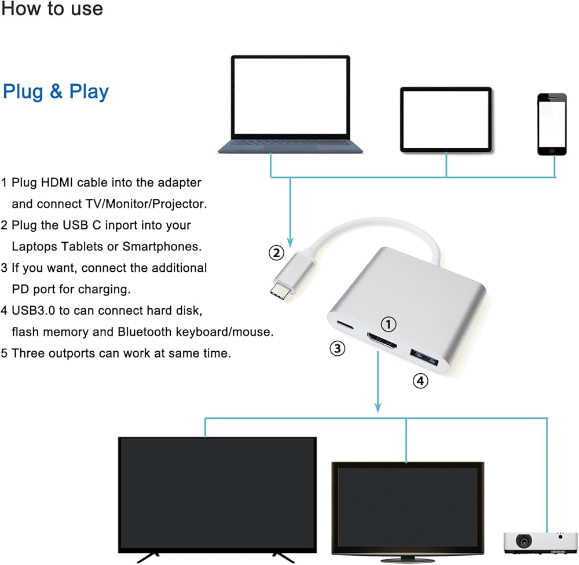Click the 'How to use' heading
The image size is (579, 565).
tap(52, 9)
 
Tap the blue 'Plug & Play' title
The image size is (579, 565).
tap(56, 92)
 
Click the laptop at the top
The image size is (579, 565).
tap(290, 104)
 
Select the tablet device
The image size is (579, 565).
tap(446, 119)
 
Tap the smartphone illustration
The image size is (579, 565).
tap(551, 124)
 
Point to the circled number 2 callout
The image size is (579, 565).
tap(277, 253)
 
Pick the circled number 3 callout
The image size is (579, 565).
tap(338, 348)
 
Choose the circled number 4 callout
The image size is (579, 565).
tap(420, 381)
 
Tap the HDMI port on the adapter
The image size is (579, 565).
tap(380, 341)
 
